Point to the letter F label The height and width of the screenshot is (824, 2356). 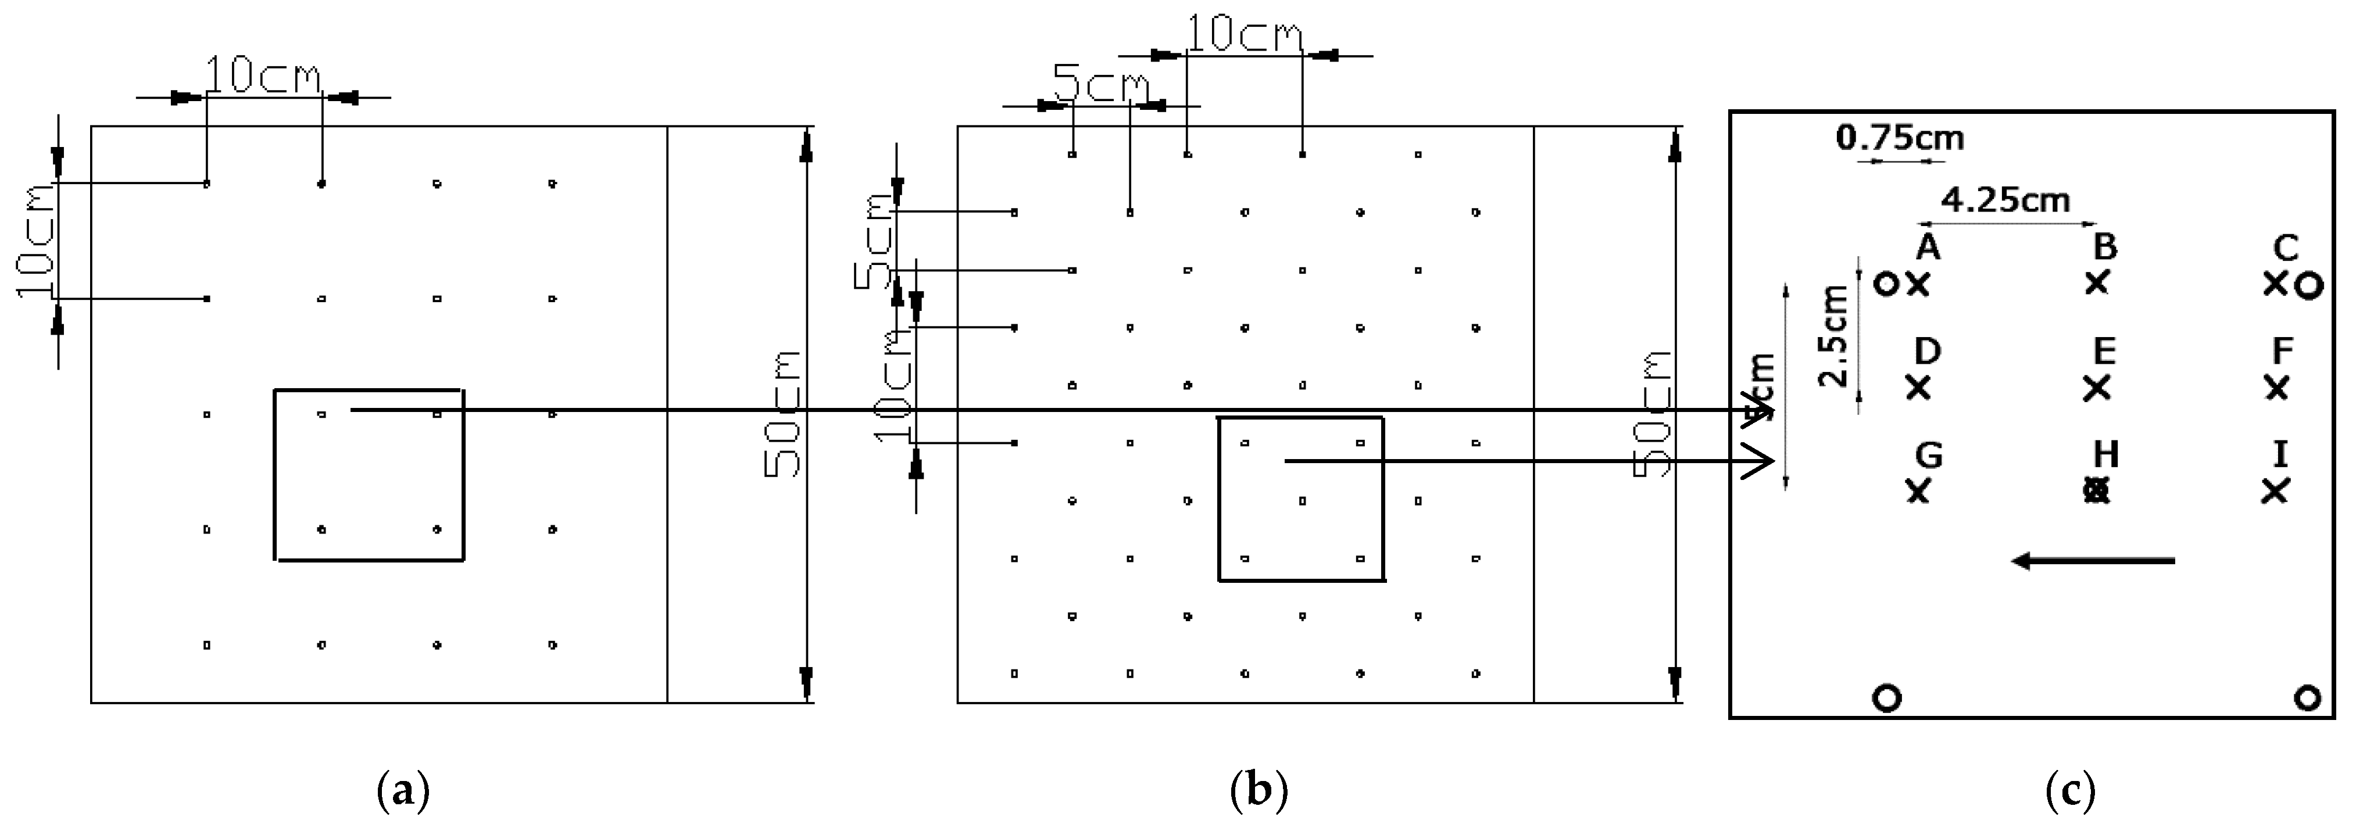click(2283, 350)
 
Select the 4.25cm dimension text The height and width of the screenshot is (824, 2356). click(2005, 199)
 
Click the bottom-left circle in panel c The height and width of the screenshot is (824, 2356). click(1887, 698)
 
